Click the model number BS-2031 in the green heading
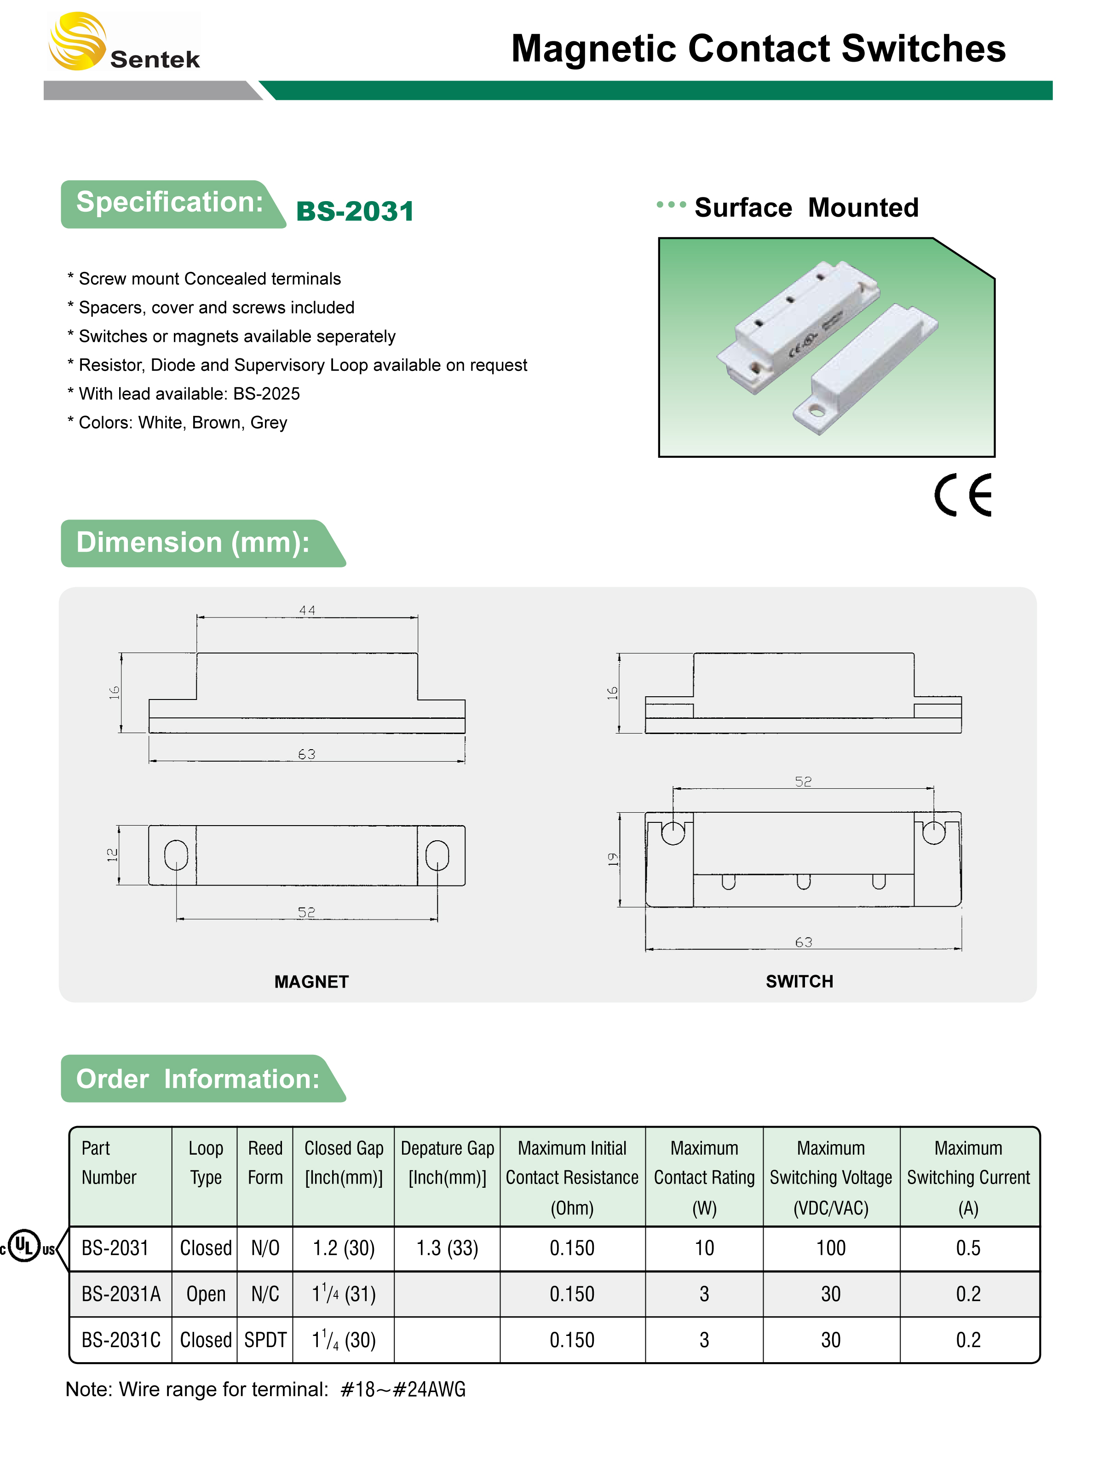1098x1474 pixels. point(355,211)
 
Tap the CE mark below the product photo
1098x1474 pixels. point(962,495)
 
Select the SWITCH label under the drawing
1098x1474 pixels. point(799,981)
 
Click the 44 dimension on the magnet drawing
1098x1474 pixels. point(307,610)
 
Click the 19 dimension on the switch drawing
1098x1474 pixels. point(612,859)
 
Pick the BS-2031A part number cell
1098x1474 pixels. point(121,1294)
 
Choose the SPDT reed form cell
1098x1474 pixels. point(265,1340)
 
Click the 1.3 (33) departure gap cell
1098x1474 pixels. point(447,1248)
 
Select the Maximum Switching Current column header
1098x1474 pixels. point(968,1178)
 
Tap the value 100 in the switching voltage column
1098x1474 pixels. point(831,1248)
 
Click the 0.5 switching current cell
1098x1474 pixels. point(968,1248)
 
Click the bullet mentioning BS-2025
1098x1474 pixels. point(184,393)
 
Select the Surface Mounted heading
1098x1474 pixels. point(806,208)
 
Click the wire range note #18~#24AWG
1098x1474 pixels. point(403,1389)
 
